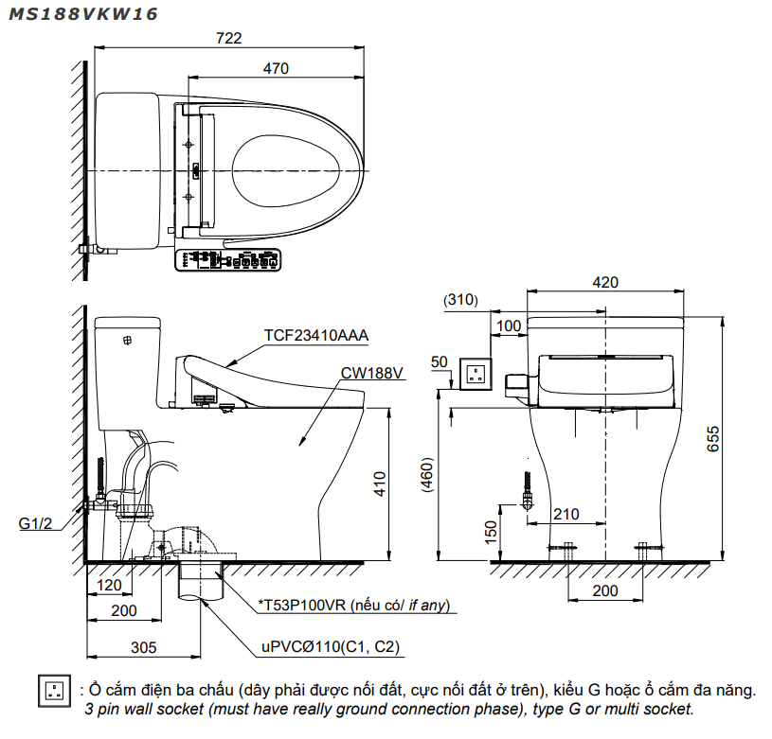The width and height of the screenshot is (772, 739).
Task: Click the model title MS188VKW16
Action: [x=83, y=14]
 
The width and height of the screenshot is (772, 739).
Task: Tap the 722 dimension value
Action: [x=228, y=39]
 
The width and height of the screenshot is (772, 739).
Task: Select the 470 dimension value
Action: [x=276, y=68]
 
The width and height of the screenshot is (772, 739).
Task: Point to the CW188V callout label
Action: [x=372, y=372]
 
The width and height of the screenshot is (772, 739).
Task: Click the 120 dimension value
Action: [x=110, y=586]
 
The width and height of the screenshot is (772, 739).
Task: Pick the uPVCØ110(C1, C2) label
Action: [x=332, y=648]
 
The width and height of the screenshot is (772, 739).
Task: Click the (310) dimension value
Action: [x=460, y=300]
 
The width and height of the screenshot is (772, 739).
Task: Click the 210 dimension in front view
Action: [x=566, y=514]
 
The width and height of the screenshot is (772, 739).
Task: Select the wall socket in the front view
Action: [x=475, y=372]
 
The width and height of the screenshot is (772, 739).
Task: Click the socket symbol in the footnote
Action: [x=55, y=691]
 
